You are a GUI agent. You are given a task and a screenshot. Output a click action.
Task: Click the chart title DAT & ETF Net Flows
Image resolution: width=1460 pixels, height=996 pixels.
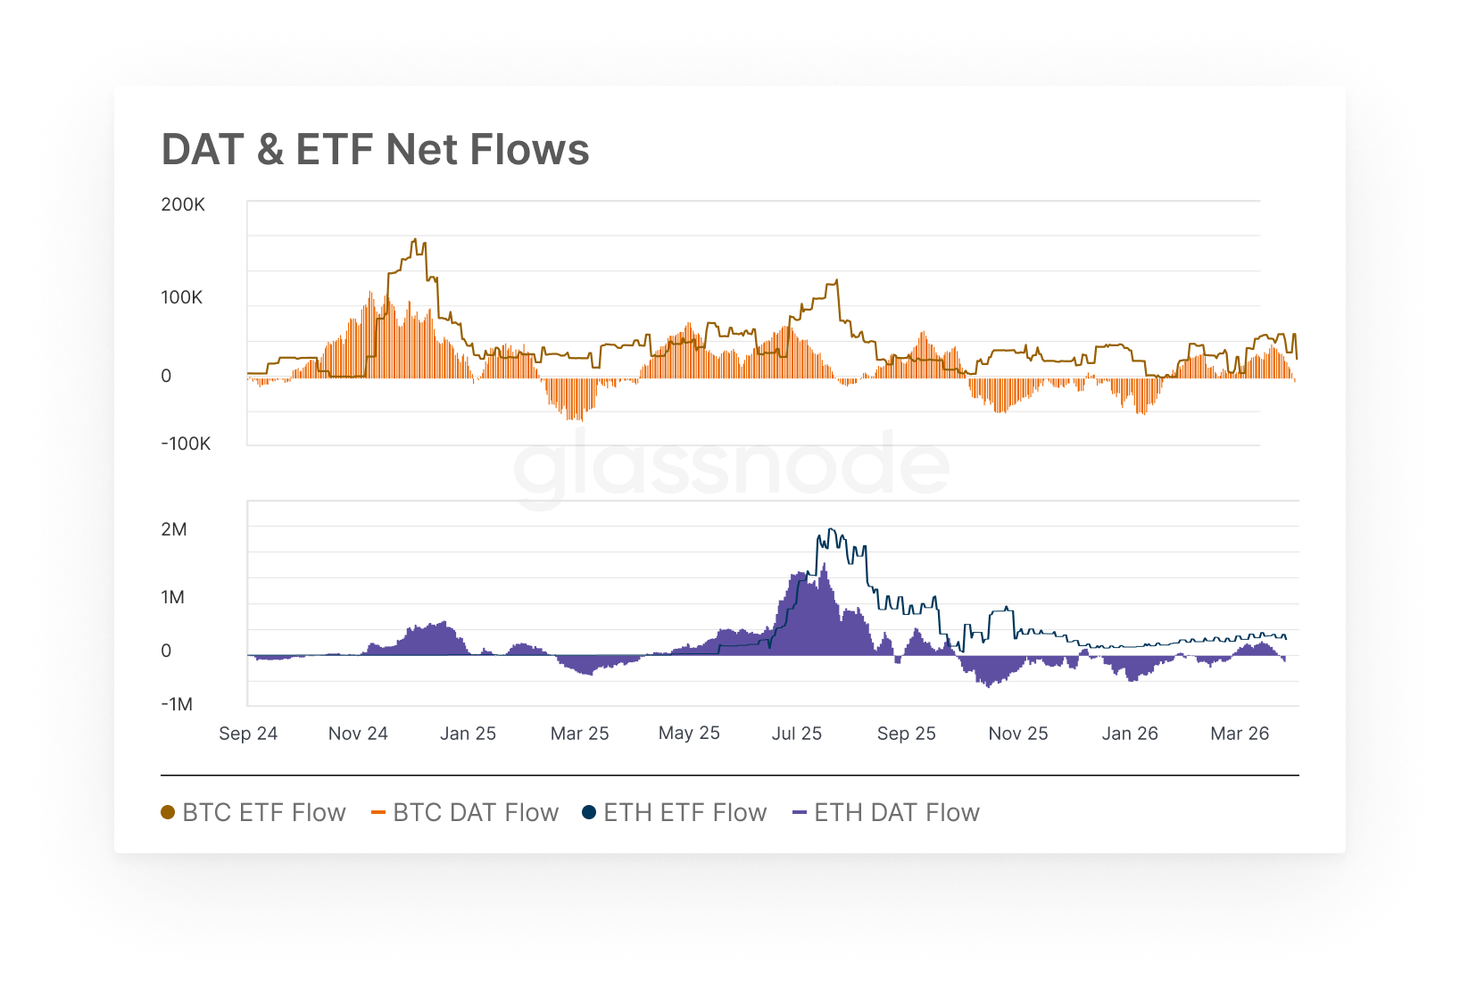pos(375,149)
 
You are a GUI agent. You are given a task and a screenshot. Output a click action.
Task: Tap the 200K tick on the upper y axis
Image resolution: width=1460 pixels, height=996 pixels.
pos(183,204)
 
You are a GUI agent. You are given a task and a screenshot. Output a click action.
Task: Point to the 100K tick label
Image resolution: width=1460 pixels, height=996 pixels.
pos(182,297)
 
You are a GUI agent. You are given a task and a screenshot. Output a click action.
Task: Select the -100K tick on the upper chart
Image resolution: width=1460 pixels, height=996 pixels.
pos(186,444)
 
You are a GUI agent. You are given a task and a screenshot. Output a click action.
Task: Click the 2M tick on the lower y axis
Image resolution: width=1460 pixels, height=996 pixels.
pos(174,529)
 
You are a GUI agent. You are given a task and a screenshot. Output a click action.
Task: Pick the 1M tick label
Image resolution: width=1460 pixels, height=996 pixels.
pos(173,597)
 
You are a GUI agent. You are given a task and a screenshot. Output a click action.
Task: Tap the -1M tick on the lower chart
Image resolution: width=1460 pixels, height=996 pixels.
pos(177,704)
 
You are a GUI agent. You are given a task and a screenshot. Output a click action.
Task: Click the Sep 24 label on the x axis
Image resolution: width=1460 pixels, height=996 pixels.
pos(248,734)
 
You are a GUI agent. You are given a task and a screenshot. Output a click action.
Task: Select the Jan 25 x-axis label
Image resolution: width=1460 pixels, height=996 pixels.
pos(468,734)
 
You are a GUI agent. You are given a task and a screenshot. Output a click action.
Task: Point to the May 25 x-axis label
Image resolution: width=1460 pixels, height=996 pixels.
pos(689,734)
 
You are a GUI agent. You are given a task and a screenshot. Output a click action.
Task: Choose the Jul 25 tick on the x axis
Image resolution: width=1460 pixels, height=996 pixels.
pos(796,734)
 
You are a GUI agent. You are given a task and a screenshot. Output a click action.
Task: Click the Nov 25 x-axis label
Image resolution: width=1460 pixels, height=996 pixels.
pos(1018,734)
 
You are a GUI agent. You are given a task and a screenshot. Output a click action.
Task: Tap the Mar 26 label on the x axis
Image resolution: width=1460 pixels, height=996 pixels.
pos(1240,734)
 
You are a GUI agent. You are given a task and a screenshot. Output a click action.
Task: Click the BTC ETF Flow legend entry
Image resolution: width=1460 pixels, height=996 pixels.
pos(253,813)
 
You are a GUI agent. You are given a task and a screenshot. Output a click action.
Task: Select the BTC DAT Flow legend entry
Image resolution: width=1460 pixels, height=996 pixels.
pos(465,813)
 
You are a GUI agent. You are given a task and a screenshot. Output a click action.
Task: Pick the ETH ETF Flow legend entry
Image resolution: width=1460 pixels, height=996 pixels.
pos(675,813)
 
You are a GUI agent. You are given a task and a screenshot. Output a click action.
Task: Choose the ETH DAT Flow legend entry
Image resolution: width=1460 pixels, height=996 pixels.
pos(886,813)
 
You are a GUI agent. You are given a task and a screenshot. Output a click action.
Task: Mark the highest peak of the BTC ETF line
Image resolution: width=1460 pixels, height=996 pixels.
pos(415,239)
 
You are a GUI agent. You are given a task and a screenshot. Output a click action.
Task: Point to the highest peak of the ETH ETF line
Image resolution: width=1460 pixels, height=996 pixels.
pos(830,528)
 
